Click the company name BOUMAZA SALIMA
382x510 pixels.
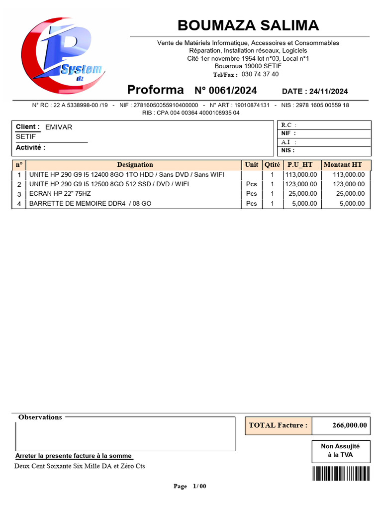248,25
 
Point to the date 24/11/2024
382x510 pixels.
328,91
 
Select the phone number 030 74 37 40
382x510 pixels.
260,74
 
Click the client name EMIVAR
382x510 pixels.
59,127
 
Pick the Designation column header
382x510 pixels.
135,165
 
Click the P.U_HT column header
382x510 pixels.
300,165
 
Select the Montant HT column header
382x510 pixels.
343,165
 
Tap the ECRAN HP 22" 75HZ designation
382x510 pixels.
60,194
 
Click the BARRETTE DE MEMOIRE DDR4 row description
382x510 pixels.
91,204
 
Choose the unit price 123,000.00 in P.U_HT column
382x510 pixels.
300,184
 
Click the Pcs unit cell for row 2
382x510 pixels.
252,184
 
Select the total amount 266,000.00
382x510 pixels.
350,425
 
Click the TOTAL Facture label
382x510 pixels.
278,425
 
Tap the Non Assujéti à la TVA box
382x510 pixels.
340,451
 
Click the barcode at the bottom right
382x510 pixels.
341,473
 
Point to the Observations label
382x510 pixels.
40,417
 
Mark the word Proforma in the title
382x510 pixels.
156,90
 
